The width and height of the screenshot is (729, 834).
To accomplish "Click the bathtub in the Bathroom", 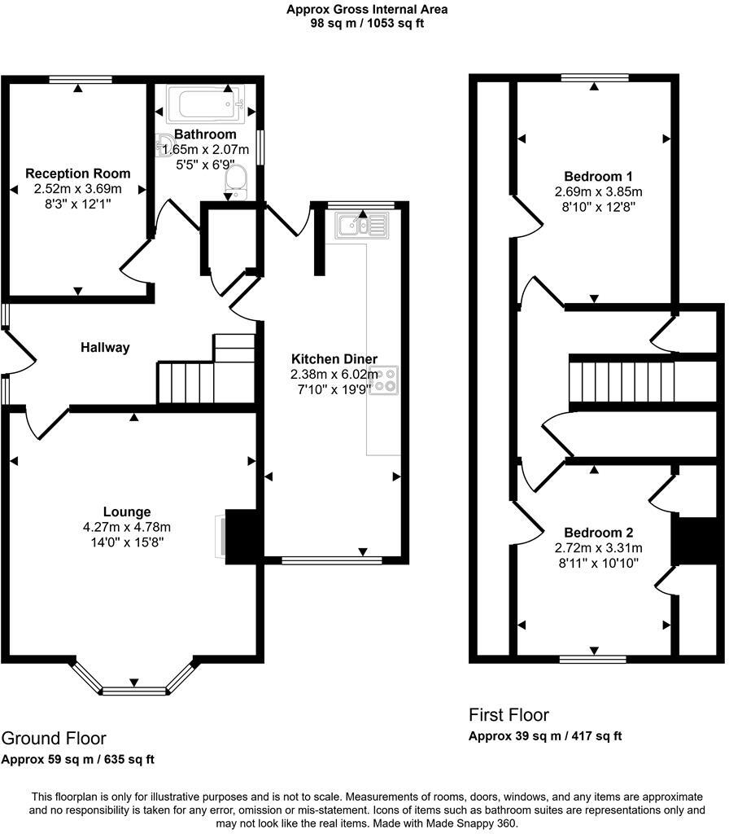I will click(x=204, y=104).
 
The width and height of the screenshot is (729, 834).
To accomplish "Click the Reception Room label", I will click(x=78, y=173).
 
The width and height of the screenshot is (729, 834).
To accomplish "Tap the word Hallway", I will click(x=105, y=348).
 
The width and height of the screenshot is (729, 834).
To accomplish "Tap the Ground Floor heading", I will click(x=54, y=738).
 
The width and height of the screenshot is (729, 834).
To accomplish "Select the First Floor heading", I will click(x=509, y=714).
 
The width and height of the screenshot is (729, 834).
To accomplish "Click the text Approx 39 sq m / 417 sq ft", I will click(x=545, y=736).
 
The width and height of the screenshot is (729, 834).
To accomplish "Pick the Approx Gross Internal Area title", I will click(x=366, y=10).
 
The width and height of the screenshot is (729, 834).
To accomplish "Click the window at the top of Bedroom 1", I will click(x=594, y=78).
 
